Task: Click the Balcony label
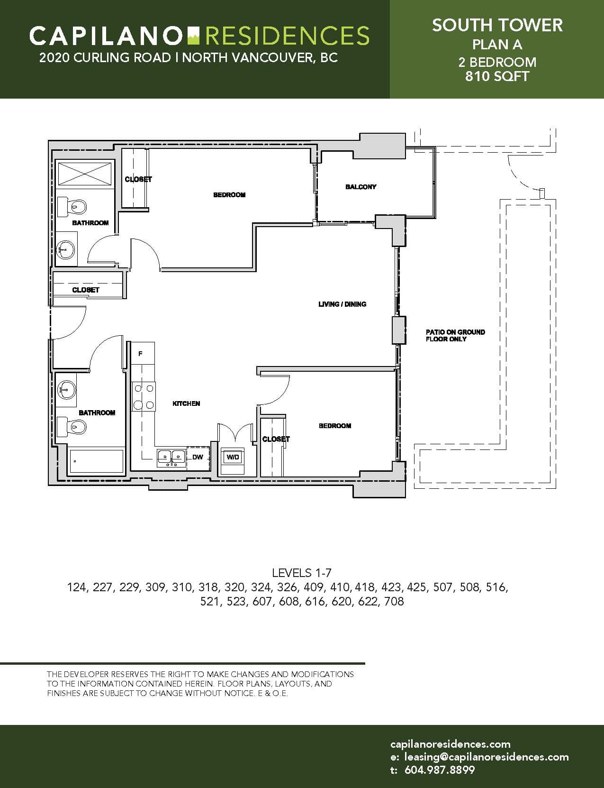point(361,187)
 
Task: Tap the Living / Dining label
point(343,304)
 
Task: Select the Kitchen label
point(186,403)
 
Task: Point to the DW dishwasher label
point(198,457)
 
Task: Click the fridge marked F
point(143,354)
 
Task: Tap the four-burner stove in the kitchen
point(144,396)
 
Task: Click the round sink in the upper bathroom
point(66,249)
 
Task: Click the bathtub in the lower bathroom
point(96,461)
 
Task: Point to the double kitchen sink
point(171,458)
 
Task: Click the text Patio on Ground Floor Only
point(455,335)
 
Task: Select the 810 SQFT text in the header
point(497,76)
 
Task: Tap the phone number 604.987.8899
point(439,770)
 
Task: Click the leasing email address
point(486,757)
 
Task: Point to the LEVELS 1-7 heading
point(301,573)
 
